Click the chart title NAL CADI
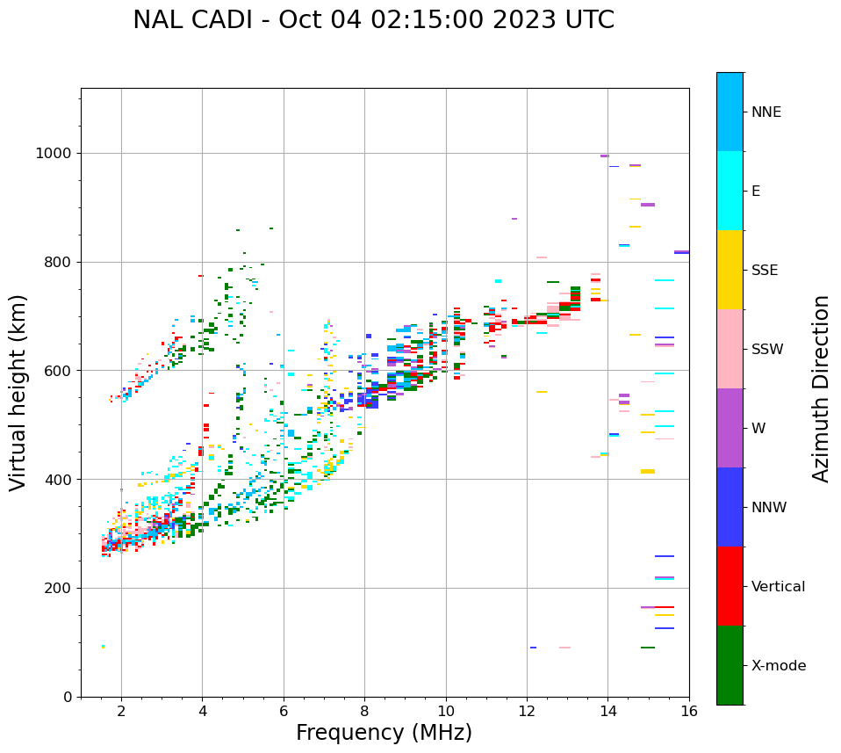(200, 20)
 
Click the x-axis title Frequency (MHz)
(384, 733)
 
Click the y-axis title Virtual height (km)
(18, 393)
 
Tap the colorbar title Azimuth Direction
(821, 388)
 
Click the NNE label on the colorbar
(766, 112)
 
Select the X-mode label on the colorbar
(778, 666)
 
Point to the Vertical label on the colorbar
(778, 587)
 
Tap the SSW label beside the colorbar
(767, 350)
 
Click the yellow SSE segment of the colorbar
(730, 270)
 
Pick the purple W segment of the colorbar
(730, 428)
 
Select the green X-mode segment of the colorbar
(730, 665)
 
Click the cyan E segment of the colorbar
(730, 191)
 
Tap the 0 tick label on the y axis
(68, 697)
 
